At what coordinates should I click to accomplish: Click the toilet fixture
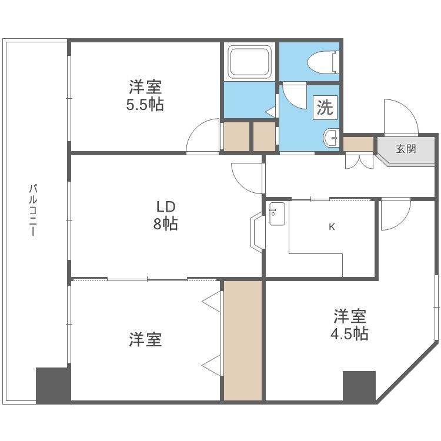323,62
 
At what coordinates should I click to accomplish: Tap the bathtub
250,62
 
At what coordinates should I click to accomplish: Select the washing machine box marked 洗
325,108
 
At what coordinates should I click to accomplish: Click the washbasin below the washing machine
331,138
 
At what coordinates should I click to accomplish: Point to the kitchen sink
277,214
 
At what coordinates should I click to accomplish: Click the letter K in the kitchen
332,227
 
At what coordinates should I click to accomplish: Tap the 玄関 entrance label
406,149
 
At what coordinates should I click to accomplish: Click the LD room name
166,207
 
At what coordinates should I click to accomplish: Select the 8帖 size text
165,224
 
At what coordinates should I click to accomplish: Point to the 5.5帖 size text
145,105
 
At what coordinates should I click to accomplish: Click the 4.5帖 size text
349,334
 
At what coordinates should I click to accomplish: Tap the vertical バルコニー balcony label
33,210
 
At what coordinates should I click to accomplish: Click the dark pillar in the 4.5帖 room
359,386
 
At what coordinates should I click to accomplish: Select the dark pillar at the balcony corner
52,385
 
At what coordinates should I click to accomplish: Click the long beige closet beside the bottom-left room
243,340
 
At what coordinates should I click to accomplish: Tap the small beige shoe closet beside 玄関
358,144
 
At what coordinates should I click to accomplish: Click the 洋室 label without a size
145,339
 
